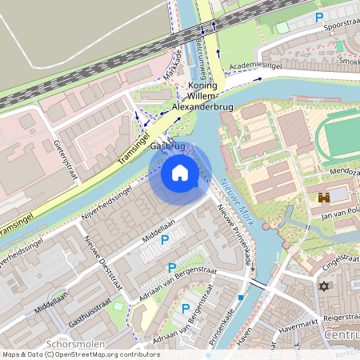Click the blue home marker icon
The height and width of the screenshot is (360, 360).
[x=180, y=173]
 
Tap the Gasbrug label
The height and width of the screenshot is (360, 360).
[x=168, y=146]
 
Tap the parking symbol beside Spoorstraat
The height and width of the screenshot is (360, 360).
[x=319, y=17]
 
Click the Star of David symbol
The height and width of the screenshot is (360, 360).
[x=324, y=286]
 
